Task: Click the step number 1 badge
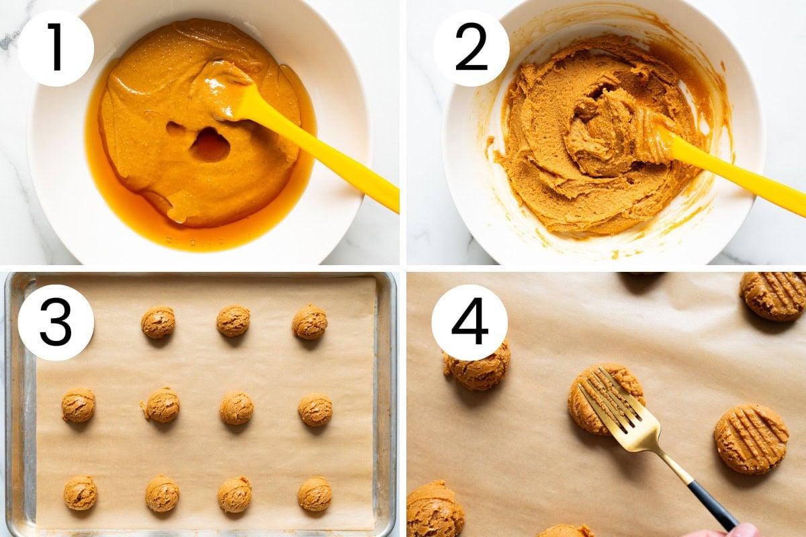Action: (56, 48)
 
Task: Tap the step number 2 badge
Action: (471, 48)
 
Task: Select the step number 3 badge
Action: (56, 322)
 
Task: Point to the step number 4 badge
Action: (469, 322)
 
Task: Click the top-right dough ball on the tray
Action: (310, 322)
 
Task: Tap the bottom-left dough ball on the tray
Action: (80, 493)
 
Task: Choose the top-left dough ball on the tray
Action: (158, 322)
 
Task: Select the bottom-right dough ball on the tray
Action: (315, 494)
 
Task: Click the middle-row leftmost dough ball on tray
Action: (79, 405)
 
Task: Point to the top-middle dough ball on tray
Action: (233, 321)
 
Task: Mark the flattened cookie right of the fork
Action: (752, 439)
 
